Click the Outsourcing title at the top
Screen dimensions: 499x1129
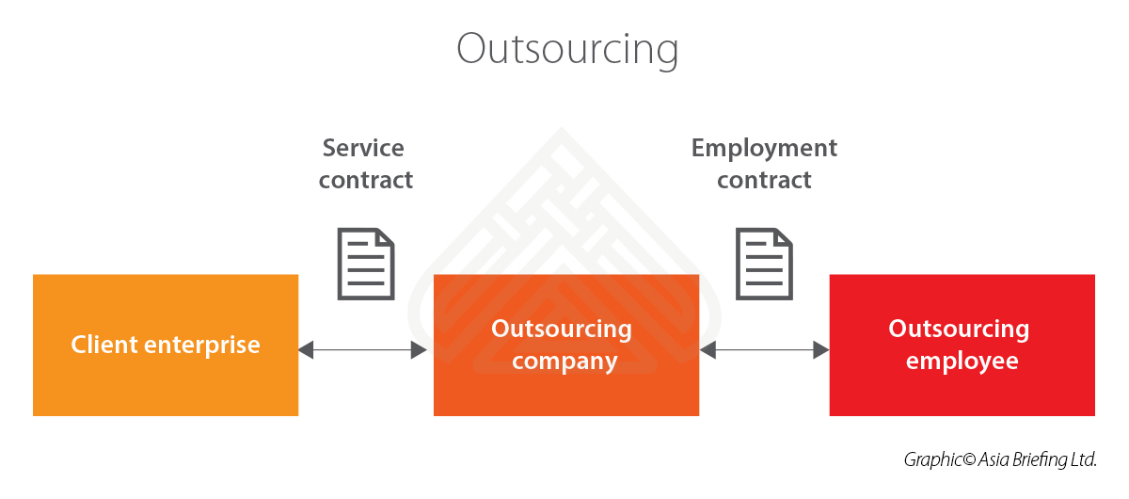[x=566, y=49]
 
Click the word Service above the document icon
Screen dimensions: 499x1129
[x=363, y=149]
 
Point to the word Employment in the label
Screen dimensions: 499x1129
[x=764, y=149]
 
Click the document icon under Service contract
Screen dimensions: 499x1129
[x=366, y=264]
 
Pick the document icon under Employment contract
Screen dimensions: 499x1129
[x=764, y=264]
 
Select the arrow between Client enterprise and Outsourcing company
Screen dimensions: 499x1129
[x=363, y=350]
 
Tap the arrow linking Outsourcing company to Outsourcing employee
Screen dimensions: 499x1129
[x=764, y=350]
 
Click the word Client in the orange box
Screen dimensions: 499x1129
[x=101, y=345]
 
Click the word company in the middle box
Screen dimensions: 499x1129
[x=564, y=362]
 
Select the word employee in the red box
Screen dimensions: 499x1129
[x=962, y=362]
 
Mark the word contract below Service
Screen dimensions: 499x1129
[x=366, y=180]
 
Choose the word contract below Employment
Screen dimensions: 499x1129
[x=764, y=180]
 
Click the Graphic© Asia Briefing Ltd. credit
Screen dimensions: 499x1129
[x=1000, y=460]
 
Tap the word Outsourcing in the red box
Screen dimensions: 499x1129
[x=959, y=330]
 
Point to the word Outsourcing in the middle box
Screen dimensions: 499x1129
[x=562, y=330]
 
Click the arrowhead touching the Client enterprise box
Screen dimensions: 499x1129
[x=306, y=350]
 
